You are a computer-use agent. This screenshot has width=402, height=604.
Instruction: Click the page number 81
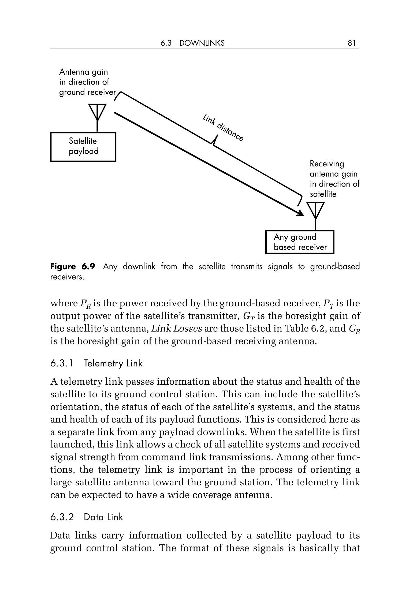352,43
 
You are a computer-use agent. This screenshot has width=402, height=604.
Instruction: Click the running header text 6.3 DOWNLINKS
192,43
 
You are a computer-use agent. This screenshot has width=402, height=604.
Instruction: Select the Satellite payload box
83,147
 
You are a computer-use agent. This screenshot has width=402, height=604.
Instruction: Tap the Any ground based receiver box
300,242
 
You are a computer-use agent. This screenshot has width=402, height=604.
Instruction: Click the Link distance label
223,128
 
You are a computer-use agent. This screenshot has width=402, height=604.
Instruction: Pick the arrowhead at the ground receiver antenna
301,213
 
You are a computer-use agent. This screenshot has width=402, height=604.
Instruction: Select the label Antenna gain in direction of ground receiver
87,82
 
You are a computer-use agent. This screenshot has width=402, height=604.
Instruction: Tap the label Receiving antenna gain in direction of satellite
334,179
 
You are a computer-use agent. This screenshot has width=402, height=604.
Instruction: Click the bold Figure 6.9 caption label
72,267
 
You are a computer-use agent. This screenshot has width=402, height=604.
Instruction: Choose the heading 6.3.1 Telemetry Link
96,363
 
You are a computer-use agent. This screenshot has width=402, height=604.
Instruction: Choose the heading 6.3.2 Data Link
86,517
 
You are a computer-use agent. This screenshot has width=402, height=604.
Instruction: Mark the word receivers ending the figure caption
67,277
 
